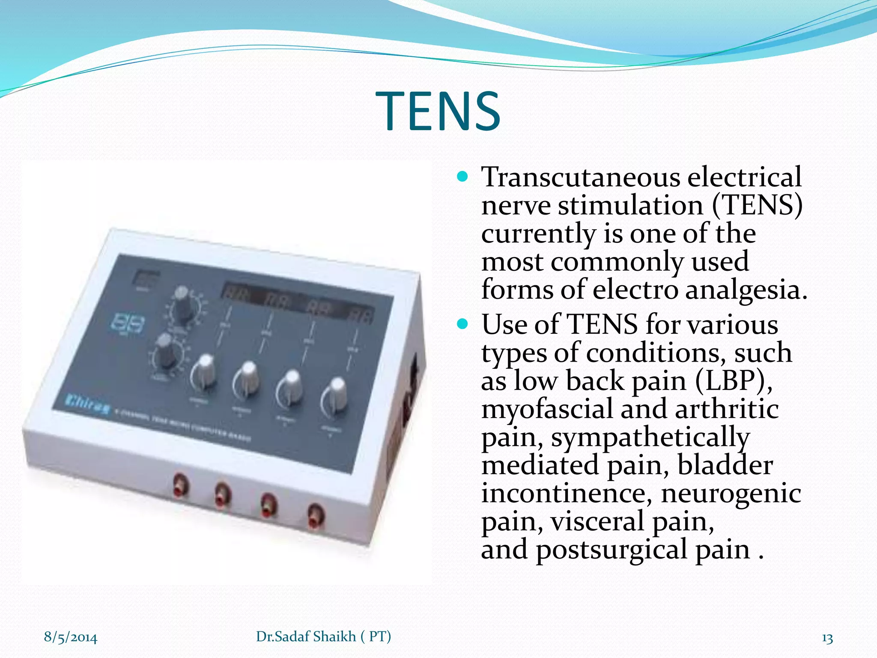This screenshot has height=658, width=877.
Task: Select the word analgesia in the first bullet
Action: tap(746, 290)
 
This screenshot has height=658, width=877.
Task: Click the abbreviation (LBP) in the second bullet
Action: tap(733, 380)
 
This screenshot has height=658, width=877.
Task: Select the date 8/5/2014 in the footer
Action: tap(71, 637)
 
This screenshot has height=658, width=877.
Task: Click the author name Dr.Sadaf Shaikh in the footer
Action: tap(306, 637)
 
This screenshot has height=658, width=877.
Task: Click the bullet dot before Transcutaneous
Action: tap(462, 176)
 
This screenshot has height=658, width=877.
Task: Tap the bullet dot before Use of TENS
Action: tap(462, 323)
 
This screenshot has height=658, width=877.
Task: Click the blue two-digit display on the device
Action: tap(128, 324)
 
